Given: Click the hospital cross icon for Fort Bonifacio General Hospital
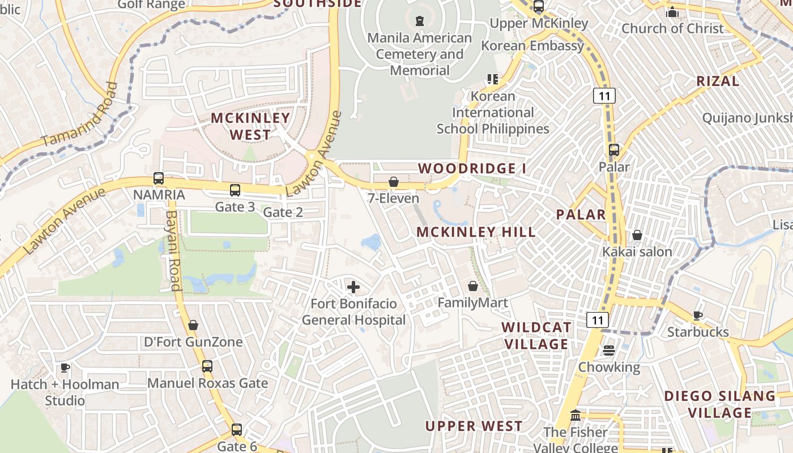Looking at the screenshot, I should click(x=353, y=287).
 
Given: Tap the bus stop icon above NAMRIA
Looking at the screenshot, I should click(x=159, y=178).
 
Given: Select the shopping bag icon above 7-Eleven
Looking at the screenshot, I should click(x=393, y=182).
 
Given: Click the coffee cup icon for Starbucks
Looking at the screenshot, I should click(x=697, y=315).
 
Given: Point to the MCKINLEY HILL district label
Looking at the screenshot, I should click(x=476, y=232).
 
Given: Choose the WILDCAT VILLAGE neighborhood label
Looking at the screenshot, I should click(x=536, y=336).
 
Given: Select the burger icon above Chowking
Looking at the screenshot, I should click(x=609, y=351).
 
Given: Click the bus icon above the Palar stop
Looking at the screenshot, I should click(x=614, y=150).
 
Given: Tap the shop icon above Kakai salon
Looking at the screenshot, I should click(x=637, y=234).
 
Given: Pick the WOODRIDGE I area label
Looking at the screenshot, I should click(x=472, y=168).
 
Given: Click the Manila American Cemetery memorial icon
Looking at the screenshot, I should click(x=419, y=22).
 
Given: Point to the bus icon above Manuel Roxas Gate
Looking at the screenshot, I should click(x=207, y=366).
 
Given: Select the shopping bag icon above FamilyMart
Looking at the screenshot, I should click(x=472, y=287).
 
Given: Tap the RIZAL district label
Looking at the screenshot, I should click(x=718, y=81).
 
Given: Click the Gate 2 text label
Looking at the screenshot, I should click(x=283, y=212).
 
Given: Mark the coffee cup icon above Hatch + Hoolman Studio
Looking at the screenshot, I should click(x=65, y=368).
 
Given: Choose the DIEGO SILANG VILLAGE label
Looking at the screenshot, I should click(x=719, y=404).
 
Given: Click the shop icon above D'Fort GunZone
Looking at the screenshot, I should click(x=193, y=325).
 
